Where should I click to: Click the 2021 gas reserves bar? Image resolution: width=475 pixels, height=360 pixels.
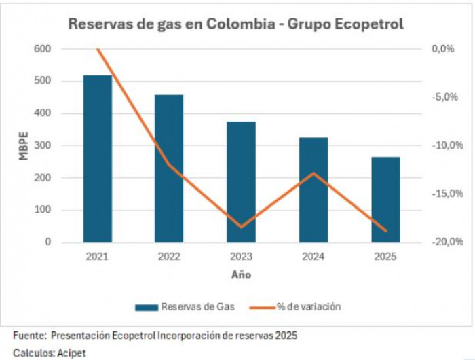point(97,159)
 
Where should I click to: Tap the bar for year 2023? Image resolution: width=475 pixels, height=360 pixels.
point(241,182)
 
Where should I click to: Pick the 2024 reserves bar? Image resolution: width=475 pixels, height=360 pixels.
point(313,190)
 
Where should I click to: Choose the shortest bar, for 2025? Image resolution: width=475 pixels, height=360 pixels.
point(385,200)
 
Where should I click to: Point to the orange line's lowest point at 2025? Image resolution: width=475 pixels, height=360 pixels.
point(386,231)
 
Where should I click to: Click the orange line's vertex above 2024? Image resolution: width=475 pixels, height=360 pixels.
point(313,173)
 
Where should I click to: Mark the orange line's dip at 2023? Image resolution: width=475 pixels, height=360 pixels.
point(241,227)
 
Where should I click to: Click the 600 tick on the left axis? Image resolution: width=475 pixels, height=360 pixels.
point(41,49)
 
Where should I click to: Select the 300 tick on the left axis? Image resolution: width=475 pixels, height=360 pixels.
point(41,145)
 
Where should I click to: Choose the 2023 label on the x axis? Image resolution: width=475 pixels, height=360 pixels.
point(241,257)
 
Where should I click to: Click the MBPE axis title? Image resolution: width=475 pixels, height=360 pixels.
point(23,145)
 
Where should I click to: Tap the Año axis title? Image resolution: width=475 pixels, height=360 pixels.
point(241,274)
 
